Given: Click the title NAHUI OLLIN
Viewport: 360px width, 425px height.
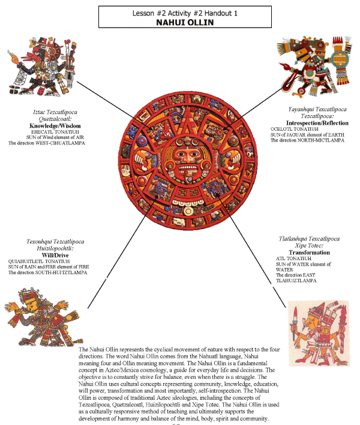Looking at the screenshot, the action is click(x=180, y=22).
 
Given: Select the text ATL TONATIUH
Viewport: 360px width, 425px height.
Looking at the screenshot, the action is click(x=287, y=258).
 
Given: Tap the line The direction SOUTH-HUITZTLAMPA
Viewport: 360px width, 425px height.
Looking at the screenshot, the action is click(x=47, y=272).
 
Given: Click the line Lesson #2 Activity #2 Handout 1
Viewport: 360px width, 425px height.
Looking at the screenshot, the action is click(x=181, y=12).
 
